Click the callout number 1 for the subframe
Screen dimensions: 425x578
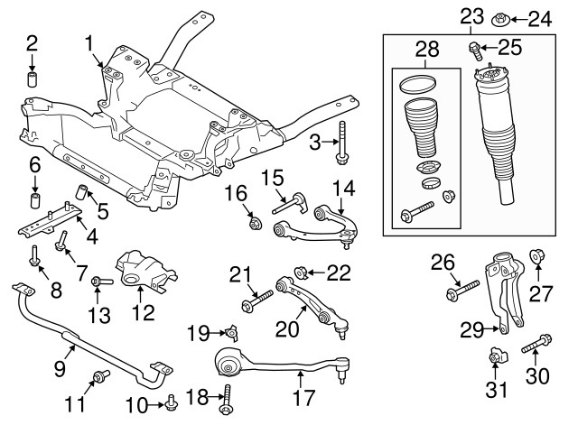tap(89, 42)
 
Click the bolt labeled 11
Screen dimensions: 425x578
tap(97, 377)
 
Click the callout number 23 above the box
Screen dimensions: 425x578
tap(471, 15)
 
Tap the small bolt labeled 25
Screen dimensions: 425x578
tap(473, 49)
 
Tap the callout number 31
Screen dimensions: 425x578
tap(496, 391)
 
